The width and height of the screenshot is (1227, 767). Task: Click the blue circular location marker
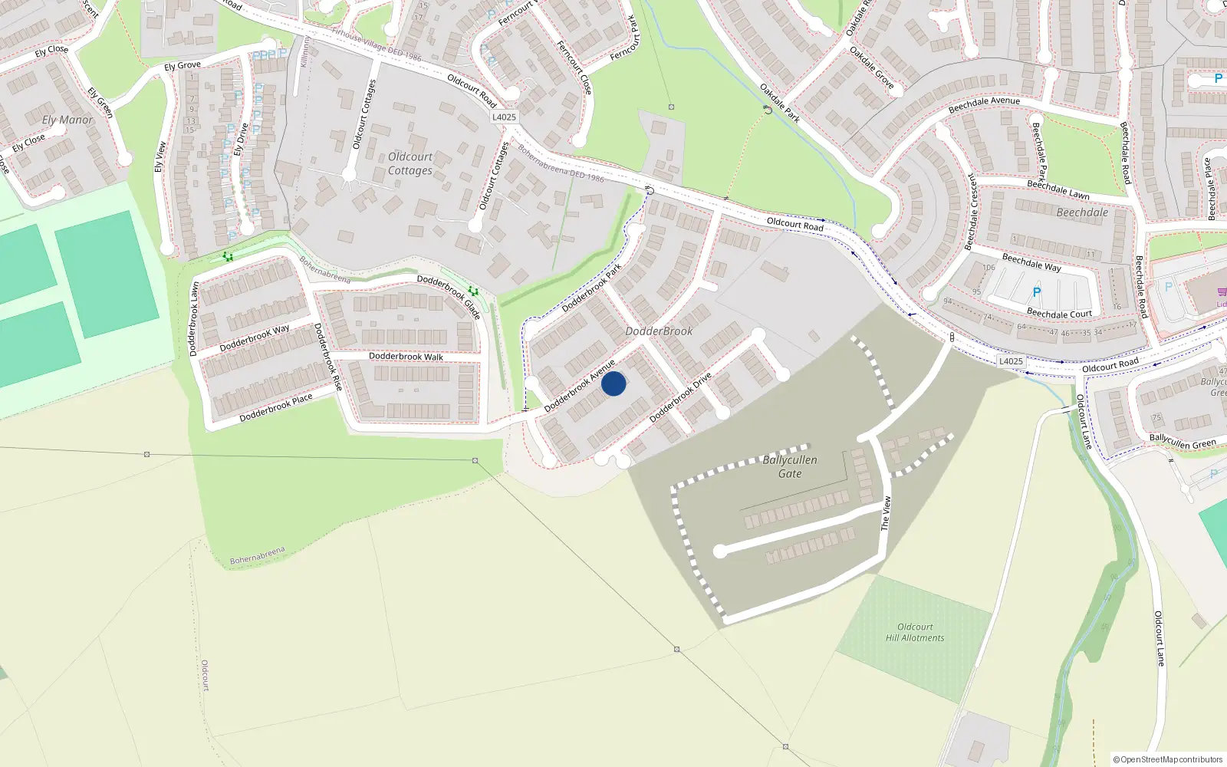click(x=613, y=383)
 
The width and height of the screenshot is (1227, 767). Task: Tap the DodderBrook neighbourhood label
click(x=659, y=331)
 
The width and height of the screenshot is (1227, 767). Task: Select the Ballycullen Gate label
click(x=790, y=466)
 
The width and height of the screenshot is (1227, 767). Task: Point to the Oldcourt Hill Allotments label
click(x=915, y=632)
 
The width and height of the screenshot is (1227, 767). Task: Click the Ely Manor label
click(x=67, y=120)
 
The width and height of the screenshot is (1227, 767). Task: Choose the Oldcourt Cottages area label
click(x=410, y=163)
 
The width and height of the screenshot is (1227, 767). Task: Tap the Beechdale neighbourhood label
click(x=1082, y=212)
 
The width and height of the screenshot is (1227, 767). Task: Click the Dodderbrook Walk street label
click(x=406, y=357)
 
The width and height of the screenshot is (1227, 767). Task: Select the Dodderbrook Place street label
click(x=276, y=407)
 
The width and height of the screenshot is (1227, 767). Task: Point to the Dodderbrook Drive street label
click(x=680, y=397)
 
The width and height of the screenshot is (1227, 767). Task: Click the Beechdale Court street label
click(x=1059, y=313)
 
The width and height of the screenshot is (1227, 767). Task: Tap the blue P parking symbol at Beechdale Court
click(x=1037, y=292)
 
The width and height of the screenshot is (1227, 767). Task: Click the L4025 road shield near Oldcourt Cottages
click(x=504, y=117)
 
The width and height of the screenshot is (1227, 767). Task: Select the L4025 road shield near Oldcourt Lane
click(x=1011, y=361)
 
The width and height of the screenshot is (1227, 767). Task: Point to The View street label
click(x=886, y=513)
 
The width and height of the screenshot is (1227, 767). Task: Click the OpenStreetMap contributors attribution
click(x=1168, y=759)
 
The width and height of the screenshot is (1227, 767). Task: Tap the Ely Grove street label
click(x=183, y=66)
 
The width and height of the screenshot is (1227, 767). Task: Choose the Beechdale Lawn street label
click(x=1058, y=189)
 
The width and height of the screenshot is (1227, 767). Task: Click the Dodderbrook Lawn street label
click(x=194, y=318)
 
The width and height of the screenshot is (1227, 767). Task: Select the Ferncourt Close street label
click(x=574, y=67)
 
